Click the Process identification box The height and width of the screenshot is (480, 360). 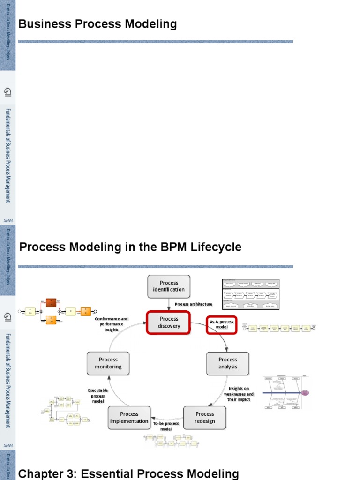[169, 286]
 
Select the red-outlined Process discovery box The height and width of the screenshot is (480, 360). [169, 322]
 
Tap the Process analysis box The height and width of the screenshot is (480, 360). [228, 363]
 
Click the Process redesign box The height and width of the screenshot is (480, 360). [205, 417]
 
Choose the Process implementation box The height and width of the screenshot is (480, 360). [129, 417]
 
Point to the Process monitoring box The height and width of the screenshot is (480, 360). [108, 363]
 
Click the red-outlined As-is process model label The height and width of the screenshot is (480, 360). [222, 325]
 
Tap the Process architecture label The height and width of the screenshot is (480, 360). [194, 304]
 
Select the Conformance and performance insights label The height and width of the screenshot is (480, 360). [112, 324]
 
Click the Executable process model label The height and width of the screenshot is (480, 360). [98, 396]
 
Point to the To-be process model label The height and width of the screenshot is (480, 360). [166, 426]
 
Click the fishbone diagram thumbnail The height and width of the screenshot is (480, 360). [286, 392]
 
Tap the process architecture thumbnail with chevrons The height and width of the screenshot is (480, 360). [251, 294]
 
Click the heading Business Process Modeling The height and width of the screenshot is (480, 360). [97, 24]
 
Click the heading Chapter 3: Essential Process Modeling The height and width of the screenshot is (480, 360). [128, 473]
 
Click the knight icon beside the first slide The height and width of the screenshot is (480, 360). [7, 91]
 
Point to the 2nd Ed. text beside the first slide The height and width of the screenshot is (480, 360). [7, 220]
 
